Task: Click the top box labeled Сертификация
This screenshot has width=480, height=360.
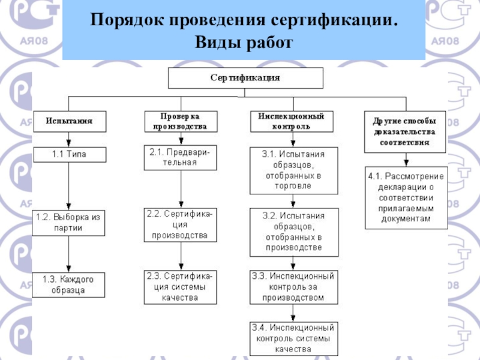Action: coord(245,78)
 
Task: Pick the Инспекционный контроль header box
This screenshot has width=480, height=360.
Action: coord(292,121)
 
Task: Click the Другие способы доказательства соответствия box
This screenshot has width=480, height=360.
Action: coord(406,131)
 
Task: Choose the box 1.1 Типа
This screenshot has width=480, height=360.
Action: coord(68,154)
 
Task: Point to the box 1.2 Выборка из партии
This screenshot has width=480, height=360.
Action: coord(68,222)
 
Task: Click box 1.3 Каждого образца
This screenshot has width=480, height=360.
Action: coord(68,284)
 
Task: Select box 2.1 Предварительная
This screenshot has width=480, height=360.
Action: coord(180,157)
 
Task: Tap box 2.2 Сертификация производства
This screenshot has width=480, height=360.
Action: coord(180,225)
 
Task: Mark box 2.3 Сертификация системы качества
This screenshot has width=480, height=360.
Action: coord(180,286)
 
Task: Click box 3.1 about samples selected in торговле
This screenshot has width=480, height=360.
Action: coord(293,169)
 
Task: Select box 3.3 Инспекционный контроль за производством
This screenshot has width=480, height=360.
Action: coord(293,286)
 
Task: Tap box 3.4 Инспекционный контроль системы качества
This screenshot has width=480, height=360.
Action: coord(293,338)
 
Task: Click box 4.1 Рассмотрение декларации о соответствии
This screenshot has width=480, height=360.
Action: coord(406,198)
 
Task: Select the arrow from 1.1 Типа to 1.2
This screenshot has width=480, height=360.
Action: coord(69,185)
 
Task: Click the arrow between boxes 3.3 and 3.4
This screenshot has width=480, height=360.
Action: coord(293,311)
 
